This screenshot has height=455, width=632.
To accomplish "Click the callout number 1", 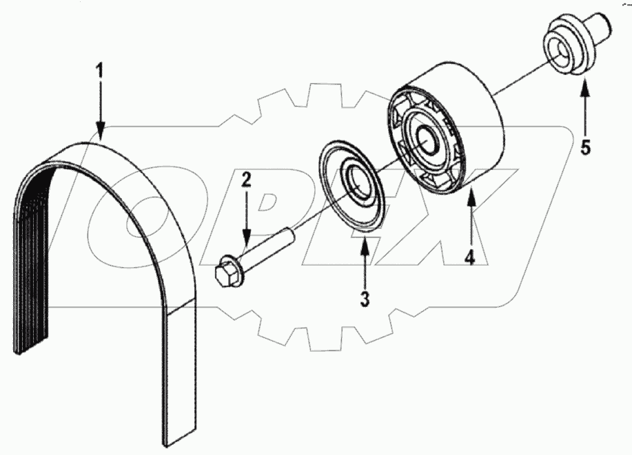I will click(101, 71).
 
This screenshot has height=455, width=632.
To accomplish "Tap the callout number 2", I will click(246, 182).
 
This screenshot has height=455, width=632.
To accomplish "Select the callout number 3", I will click(364, 299).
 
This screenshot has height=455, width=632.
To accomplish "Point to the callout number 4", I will click(469, 257).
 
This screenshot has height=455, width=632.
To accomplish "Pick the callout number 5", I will click(585, 147).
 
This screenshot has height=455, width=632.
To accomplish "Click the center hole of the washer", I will click(356, 181).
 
